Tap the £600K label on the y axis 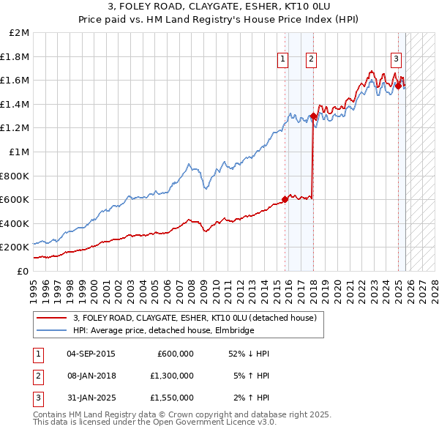point(15,199)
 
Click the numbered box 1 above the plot point(282,60)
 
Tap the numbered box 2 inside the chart point(311,60)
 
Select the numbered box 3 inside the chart point(396,60)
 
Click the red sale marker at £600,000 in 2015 point(285,199)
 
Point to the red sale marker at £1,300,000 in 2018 point(313,116)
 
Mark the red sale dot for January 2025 point(398,86)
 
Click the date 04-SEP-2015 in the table point(91,354)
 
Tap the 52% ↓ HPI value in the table point(249,354)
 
